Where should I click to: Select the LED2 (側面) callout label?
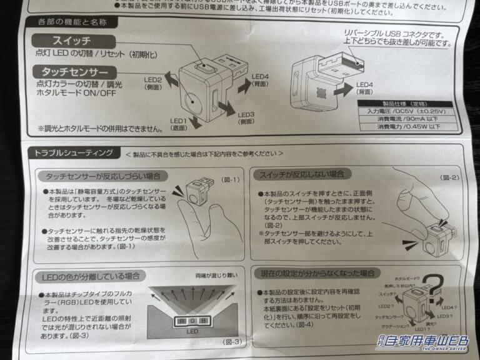tap(154, 84)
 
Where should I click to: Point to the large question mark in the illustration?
tap(435, 288)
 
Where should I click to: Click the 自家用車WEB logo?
tap(423, 342)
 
